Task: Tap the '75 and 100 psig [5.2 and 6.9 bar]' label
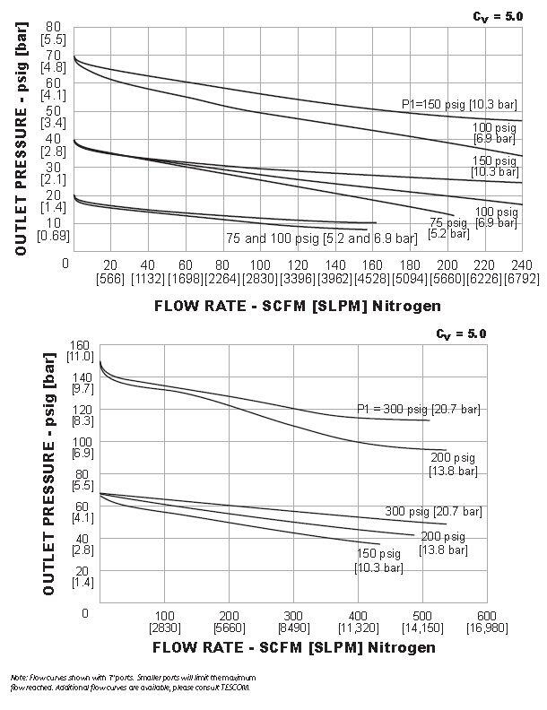coord(322,238)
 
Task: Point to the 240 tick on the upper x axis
coord(520,265)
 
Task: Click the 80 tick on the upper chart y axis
coord(53,28)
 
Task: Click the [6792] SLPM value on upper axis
coord(520,279)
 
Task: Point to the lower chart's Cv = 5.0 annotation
coord(461,333)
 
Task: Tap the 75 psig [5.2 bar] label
coord(449,227)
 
